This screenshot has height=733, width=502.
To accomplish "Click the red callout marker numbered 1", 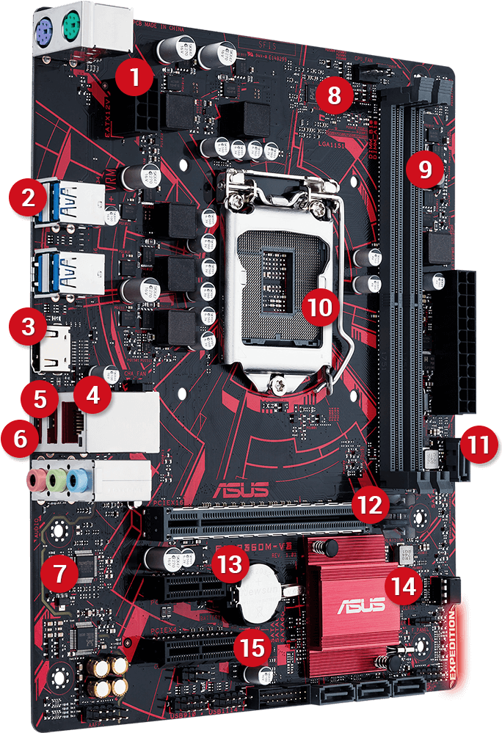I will pyautogui.click(x=133, y=76).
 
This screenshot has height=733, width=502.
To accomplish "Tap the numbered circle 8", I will pyautogui.click(x=334, y=95).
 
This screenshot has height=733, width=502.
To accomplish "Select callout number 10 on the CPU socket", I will pyautogui.click(x=319, y=307).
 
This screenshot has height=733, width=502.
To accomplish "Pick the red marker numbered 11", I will pyautogui.click(x=479, y=444).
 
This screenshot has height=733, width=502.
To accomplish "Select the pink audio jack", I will pyautogui.click(x=34, y=481).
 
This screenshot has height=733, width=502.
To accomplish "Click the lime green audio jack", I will pyautogui.click(x=56, y=481).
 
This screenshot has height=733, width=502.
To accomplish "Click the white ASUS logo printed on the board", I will pyautogui.click(x=241, y=490).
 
